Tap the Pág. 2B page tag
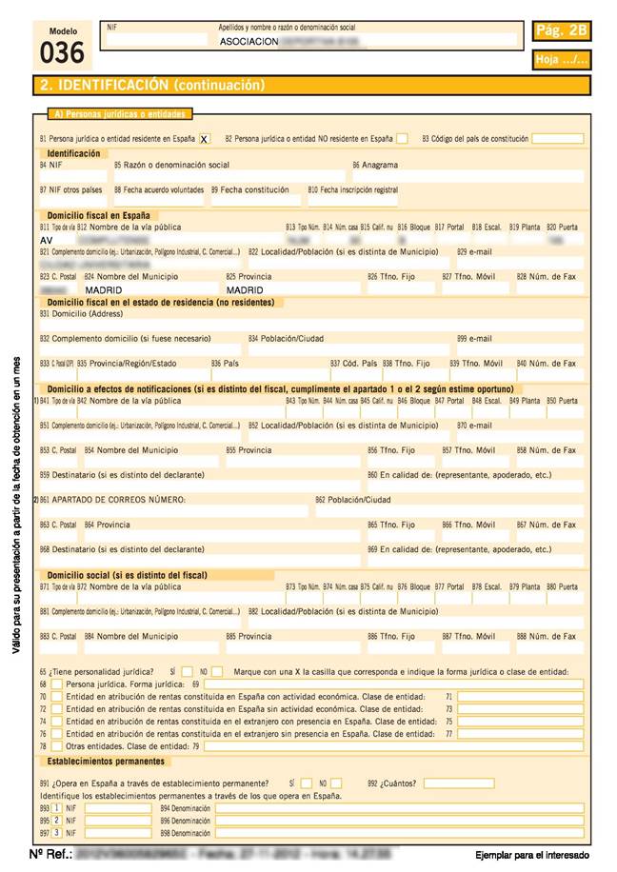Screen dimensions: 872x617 (x=562, y=31)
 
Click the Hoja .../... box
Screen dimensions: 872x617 (x=562, y=60)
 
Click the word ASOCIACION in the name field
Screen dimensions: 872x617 (x=249, y=43)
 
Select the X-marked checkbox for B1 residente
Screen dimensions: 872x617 (x=205, y=139)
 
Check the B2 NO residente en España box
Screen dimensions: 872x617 (x=402, y=139)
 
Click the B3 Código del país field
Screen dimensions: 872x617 (x=557, y=139)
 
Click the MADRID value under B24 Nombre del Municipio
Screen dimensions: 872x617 (x=104, y=289)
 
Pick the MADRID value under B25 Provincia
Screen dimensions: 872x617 (x=245, y=289)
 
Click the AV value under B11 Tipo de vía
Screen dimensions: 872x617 (x=47, y=241)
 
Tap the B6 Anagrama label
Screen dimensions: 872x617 (x=375, y=165)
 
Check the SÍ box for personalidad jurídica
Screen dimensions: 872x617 (x=188, y=671)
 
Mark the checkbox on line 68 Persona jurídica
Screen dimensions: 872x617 (x=57, y=684)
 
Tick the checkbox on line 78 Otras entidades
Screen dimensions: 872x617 (x=57, y=746)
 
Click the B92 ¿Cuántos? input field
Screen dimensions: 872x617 (x=447, y=783)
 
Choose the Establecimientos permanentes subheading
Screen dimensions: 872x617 (x=107, y=762)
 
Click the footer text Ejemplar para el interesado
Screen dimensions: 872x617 (x=532, y=856)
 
